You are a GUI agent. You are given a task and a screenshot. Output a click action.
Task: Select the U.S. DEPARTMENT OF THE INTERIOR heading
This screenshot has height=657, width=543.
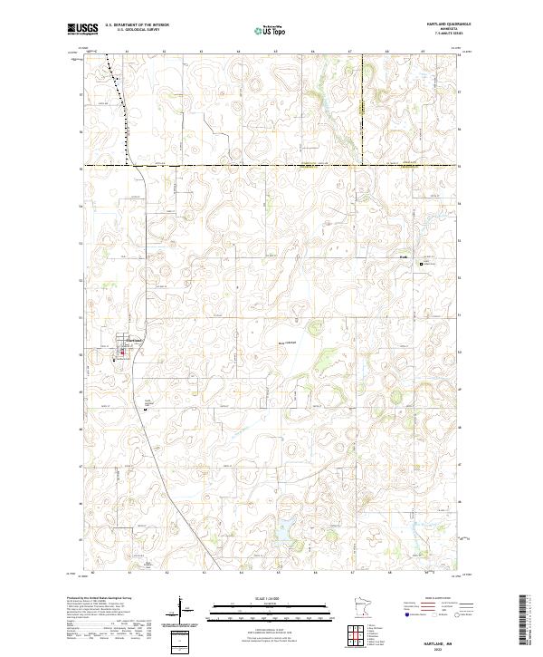click(x=137, y=25)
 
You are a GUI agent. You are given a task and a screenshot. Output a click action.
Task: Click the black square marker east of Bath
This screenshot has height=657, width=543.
click(x=421, y=264)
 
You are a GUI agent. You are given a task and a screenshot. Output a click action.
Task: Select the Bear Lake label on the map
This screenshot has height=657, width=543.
click(x=288, y=342)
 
